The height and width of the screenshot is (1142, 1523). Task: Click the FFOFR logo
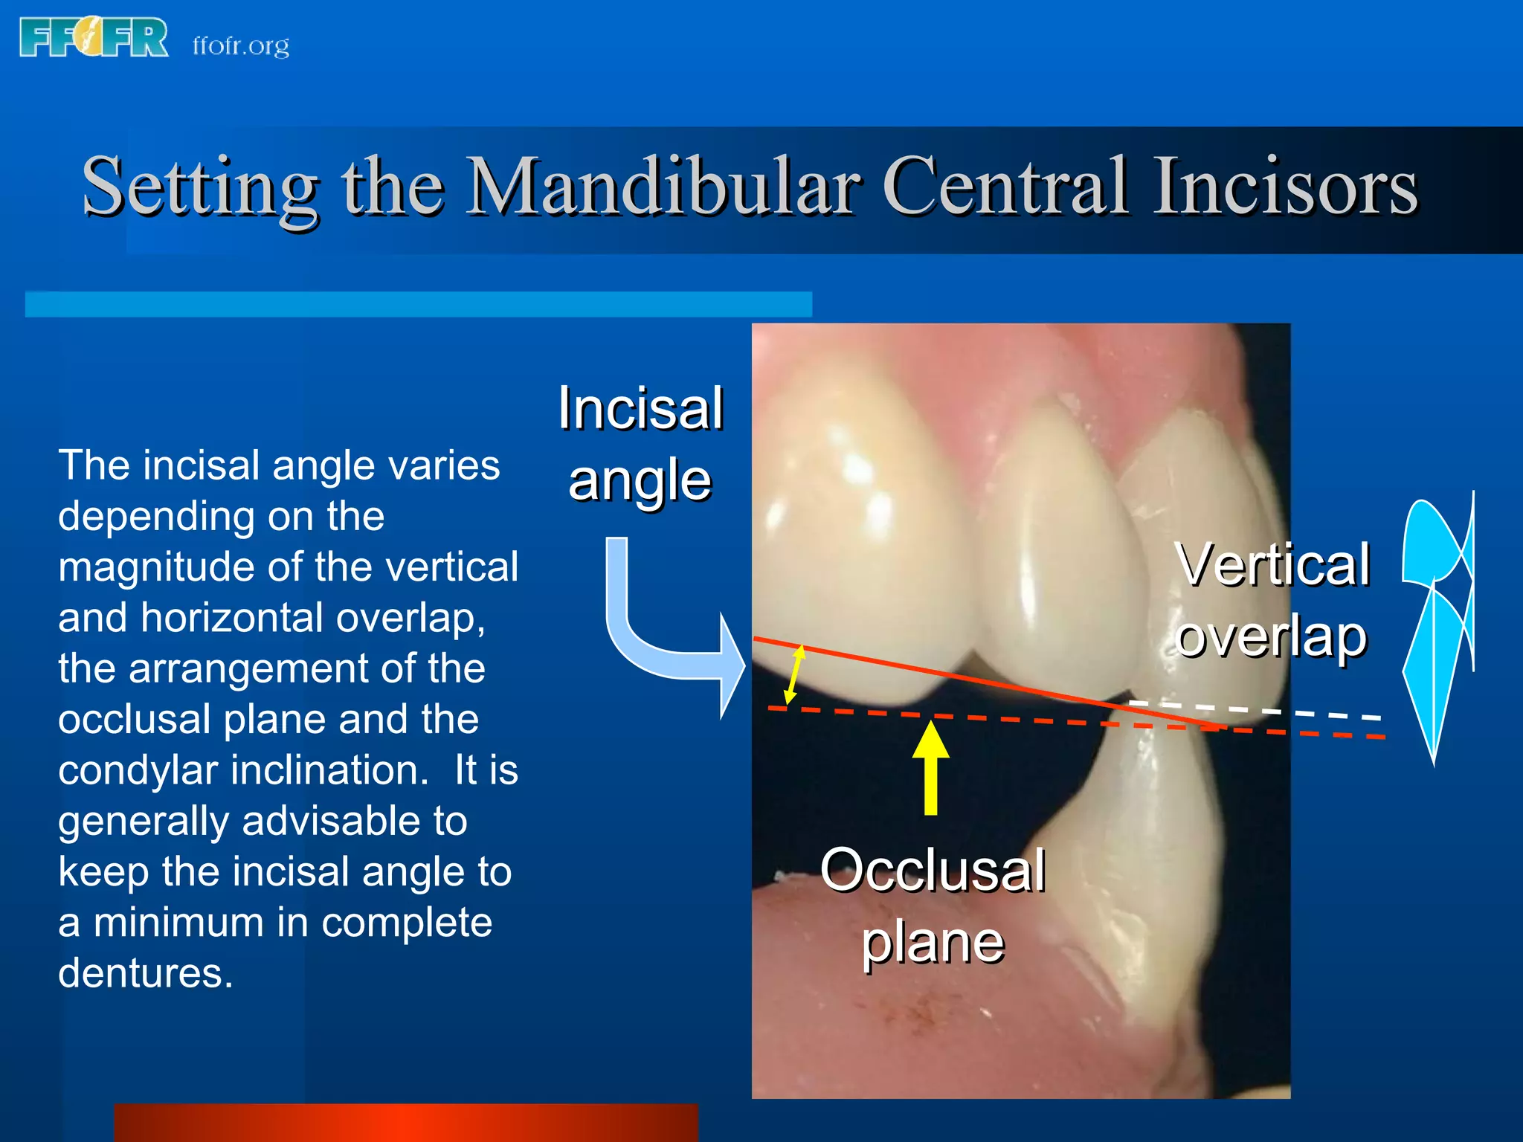coord(94,39)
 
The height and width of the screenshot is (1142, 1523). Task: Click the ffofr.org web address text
coord(240,46)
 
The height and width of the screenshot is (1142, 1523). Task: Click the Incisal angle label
coord(640,443)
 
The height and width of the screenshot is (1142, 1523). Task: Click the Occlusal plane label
coord(933,906)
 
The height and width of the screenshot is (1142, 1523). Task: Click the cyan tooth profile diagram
coord(1437,625)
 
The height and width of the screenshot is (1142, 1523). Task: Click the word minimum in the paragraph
coord(178,923)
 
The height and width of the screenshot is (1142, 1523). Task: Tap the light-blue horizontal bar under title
coord(418,304)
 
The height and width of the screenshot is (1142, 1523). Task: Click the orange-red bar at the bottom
coord(406,1123)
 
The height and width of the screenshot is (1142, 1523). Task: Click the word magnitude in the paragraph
coord(156,567)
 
